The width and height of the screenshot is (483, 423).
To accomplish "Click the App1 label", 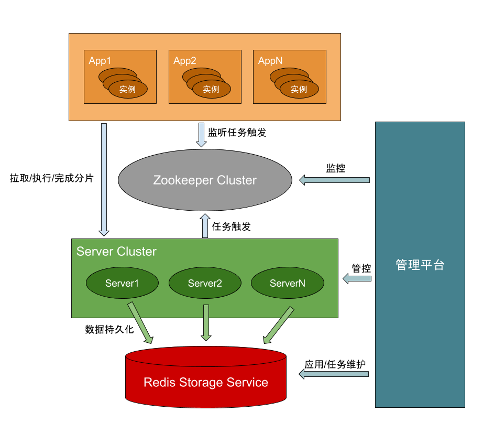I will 100,61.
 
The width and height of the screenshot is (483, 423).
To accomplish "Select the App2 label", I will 185,61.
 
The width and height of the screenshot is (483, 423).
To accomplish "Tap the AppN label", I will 270,61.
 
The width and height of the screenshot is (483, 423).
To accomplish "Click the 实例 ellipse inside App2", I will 211,89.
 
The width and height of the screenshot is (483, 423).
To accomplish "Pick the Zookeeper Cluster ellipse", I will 205,180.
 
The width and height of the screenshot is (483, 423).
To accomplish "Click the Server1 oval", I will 122,284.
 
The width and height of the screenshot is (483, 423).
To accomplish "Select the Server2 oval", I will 205,284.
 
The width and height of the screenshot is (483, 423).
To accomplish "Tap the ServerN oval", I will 288,284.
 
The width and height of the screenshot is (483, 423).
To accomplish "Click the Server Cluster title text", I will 116,252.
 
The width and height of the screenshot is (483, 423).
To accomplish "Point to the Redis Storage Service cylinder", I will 206,383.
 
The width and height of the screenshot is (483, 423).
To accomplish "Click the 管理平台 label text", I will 420,265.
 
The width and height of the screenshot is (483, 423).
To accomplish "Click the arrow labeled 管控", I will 357,279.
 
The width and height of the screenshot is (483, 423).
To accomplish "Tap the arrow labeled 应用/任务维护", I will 334,374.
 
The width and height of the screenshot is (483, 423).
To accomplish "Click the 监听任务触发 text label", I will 237,133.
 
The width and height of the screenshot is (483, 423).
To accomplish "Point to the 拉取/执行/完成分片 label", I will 51,178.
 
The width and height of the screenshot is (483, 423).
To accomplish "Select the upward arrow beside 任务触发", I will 205,226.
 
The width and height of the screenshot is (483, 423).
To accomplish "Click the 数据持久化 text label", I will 109,330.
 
